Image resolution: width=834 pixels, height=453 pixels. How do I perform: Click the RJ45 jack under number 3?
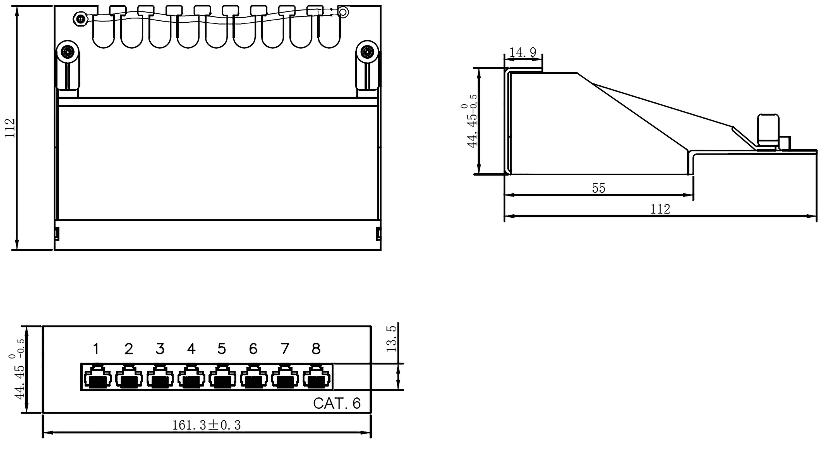click(x=160, y=378)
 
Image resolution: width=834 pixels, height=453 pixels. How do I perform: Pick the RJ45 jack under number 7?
click(x=285, y=378)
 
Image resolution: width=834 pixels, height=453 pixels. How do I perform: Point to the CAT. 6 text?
click(x=337, y=403)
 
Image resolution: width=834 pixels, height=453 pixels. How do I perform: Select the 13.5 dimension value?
click(x=391, y=339)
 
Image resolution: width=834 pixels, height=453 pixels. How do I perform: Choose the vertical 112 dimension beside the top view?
click(x=10, y=128)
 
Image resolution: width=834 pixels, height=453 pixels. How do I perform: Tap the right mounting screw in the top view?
click(x=367, y=52)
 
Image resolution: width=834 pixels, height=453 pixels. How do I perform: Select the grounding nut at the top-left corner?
click(x=80, y=19)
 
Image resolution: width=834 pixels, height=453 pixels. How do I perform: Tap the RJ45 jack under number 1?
click(x=97, y=378)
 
